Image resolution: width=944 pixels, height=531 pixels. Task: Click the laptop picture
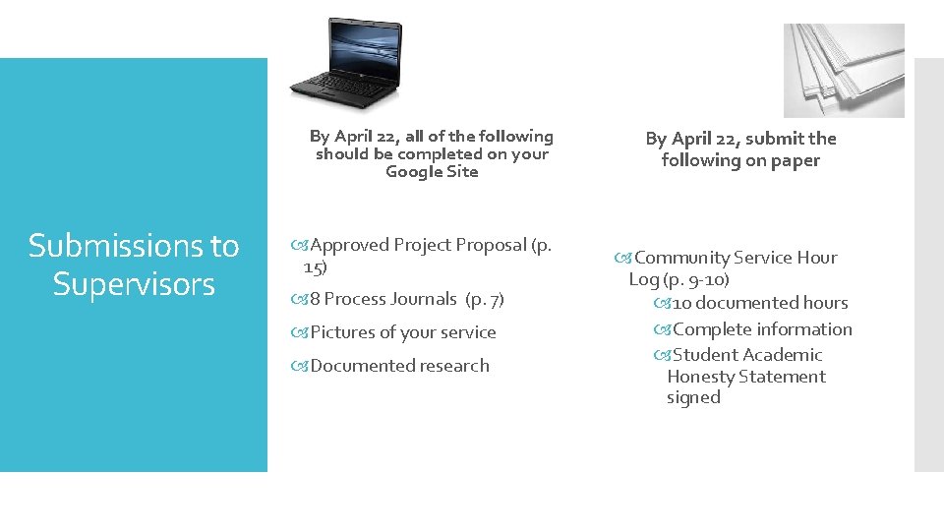(x=346, y=62)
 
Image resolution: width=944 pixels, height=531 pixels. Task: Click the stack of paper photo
(x=843, y=70)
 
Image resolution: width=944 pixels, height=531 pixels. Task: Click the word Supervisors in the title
(x=134, y=284)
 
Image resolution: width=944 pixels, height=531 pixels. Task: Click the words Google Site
(x=432, y=172)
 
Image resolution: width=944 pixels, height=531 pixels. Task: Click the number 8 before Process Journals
(x=316, y=299)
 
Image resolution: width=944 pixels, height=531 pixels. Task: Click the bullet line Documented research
(x=399, y=366)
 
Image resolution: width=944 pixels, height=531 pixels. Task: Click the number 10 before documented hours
(x=683, y=303)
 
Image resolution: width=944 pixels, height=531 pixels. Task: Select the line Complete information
(x=762, y=329)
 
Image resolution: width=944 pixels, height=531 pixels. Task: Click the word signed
(x=693, y=397)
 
